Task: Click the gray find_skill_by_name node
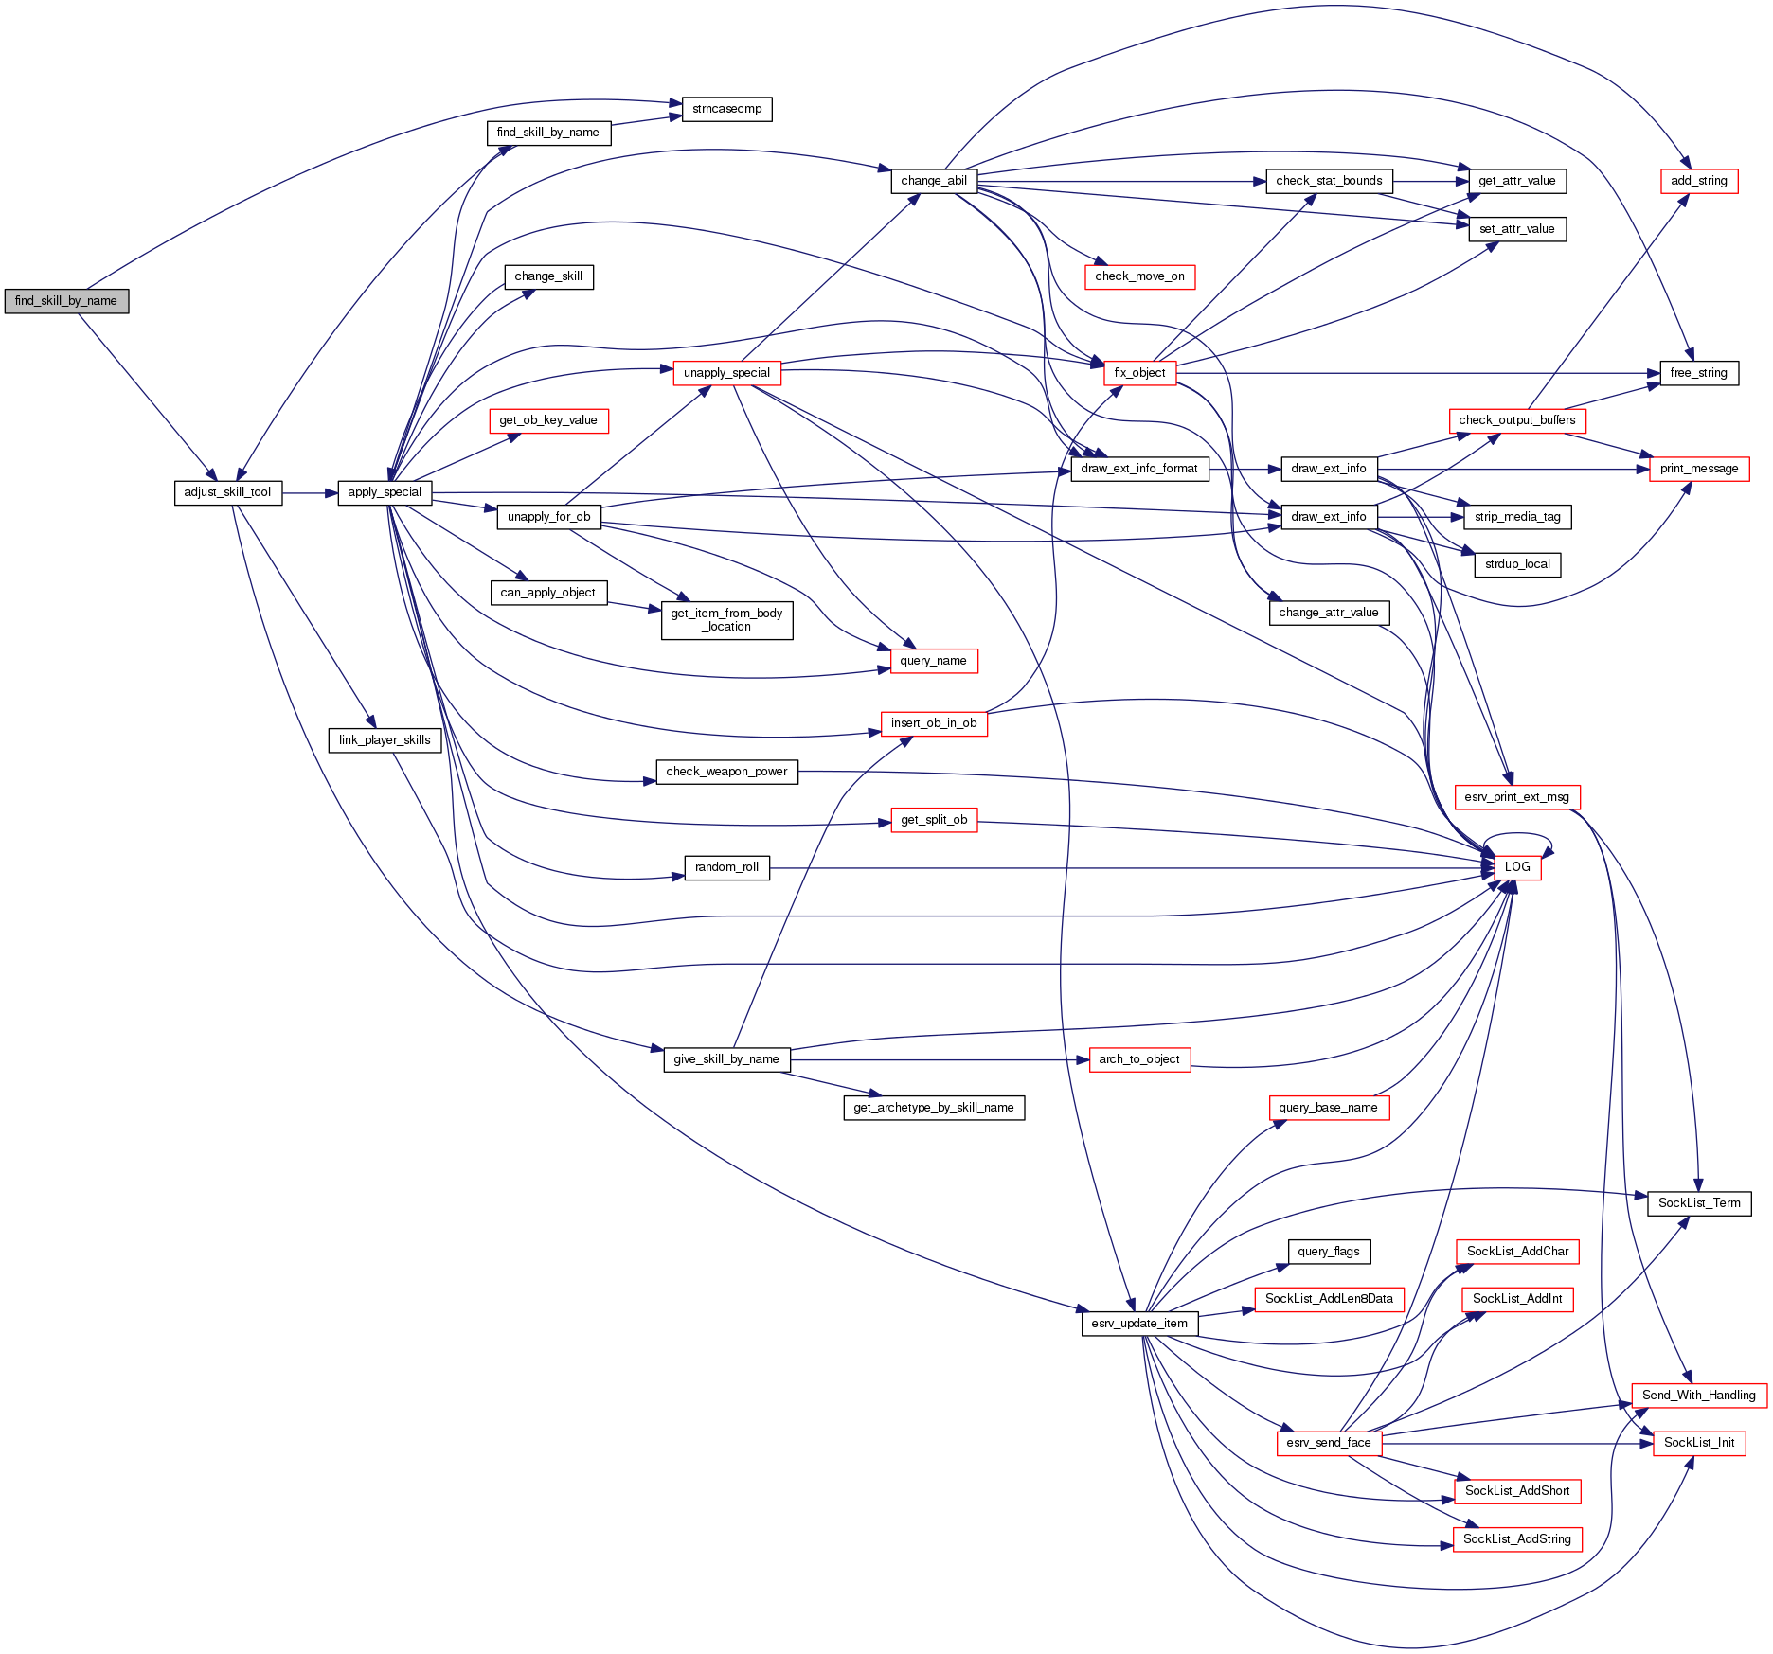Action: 66,301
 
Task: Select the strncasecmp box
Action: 726,109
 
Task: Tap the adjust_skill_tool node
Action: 227,492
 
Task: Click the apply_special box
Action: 385,492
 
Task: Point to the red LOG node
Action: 1517,867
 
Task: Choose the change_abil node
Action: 934,181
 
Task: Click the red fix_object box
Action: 1139,373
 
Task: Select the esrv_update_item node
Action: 1139,1324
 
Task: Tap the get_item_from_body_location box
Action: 726,620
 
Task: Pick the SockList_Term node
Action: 1699,1203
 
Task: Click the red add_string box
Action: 1699,181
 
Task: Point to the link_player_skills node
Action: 385,740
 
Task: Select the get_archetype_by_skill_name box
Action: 934,1108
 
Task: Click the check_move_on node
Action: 1139,276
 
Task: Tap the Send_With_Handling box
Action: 1699,1396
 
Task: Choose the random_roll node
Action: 726,867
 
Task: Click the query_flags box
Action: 1329,1252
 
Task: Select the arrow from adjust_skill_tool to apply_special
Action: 310,493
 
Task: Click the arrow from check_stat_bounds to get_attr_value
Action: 1430,181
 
